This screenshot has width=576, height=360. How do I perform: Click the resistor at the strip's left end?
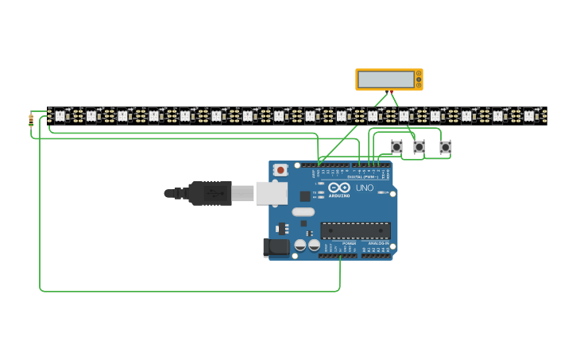click(x=31, y=121)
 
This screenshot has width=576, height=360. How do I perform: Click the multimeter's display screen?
click(x=386, y=79)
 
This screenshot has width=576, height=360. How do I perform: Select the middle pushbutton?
click(x=419, y=147)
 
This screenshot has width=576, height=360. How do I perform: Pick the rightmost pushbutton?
click(x=446, y=147)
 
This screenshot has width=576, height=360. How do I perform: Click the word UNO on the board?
click(x=365, y=188)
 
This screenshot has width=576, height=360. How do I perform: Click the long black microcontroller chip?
click(x=355, y=230)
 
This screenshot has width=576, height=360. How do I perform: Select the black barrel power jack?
click(x=276, y=247)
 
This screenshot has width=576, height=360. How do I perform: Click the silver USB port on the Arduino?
click(x=271, y=192)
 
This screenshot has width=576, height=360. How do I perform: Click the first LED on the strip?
click(x=60, y=116)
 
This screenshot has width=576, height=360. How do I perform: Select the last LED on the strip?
click(x=529, y=116)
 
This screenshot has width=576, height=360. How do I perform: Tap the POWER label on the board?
click(x=349, y=243)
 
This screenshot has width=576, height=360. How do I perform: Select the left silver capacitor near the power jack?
click(x=300, y=246)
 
